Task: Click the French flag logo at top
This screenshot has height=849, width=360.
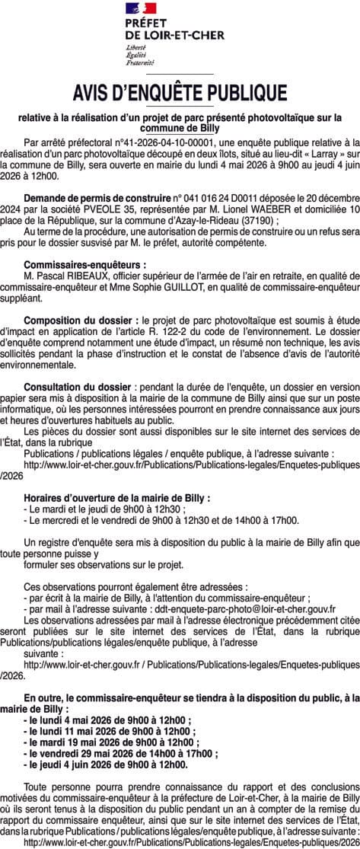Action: [x=141, y=8]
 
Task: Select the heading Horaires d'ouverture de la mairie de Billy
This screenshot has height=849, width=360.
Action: [x=116, y=497]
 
